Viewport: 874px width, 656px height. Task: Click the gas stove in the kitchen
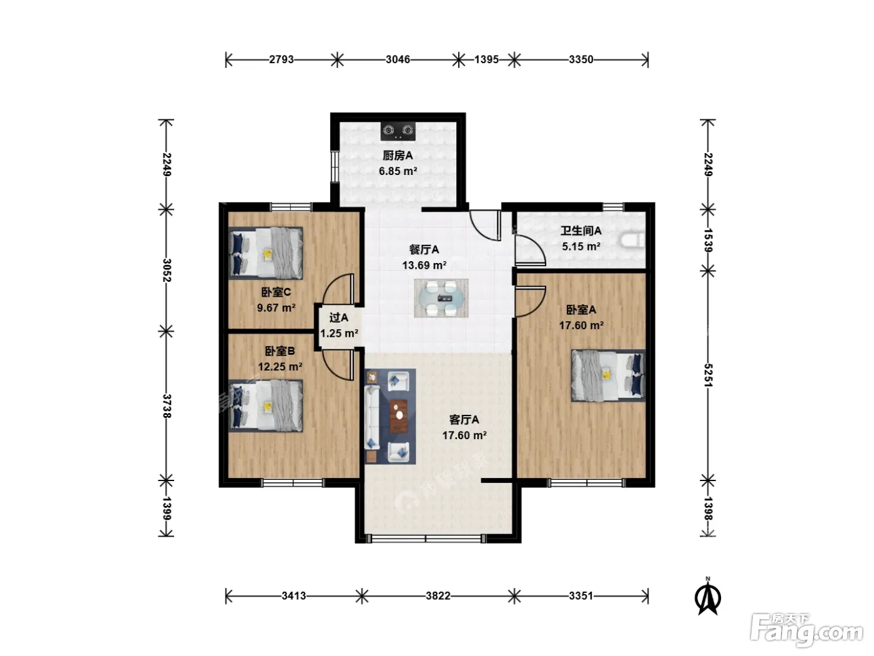398,131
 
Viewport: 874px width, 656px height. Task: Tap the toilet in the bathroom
632,241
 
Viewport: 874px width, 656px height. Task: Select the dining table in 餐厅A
441,298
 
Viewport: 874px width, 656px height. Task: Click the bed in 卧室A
608,375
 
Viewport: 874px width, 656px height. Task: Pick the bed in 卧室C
265,253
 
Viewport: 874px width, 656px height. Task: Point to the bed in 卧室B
265,405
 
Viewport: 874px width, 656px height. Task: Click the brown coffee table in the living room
398,416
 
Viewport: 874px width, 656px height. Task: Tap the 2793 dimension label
281,59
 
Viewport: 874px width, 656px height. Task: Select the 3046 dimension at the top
398,59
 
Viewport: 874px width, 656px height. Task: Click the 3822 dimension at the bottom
438,596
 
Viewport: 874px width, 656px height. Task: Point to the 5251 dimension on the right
708,375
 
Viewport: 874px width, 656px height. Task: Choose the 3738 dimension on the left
167,406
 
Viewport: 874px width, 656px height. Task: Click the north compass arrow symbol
707,597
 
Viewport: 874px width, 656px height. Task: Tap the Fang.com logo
807,630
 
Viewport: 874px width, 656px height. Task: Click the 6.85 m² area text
398,171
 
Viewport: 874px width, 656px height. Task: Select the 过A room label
339,317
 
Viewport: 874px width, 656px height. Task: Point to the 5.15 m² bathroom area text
581,247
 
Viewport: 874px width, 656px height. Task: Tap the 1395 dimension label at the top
486,59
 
